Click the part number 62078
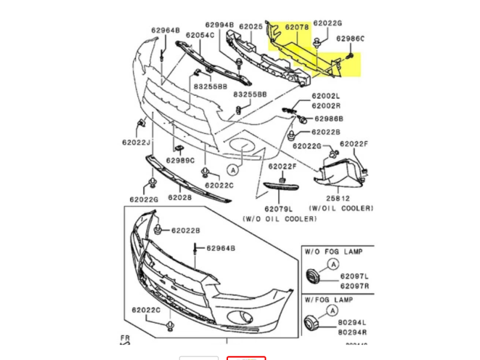pyautogui.click(x=296, y=27)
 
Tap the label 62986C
pyautogui.click(x=350, y=39)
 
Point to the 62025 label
pyautogui.click(x=251, y=27)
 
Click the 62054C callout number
pyautogui.click(x=200, y=35)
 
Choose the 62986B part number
pyautogui.click(x=329, y=119)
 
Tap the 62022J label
pyautogui.click(x=136, y=142)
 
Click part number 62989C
pyautogui.click(x=181, y=160)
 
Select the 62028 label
pyautogui.click(x=179, y=197)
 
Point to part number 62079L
pyautogui.click(x=280, y=209)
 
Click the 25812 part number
pyautogui.click(x=338, y=197)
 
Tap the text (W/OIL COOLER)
pyautogui.click(x=341, y=208)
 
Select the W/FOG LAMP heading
pyautogui.click(x=328, y=299)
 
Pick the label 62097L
pyautogui.click(x=355, y=277)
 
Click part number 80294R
pyautogui.click(x=352, y=332)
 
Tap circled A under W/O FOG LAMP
pyautogui.click(x=334, y=263)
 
